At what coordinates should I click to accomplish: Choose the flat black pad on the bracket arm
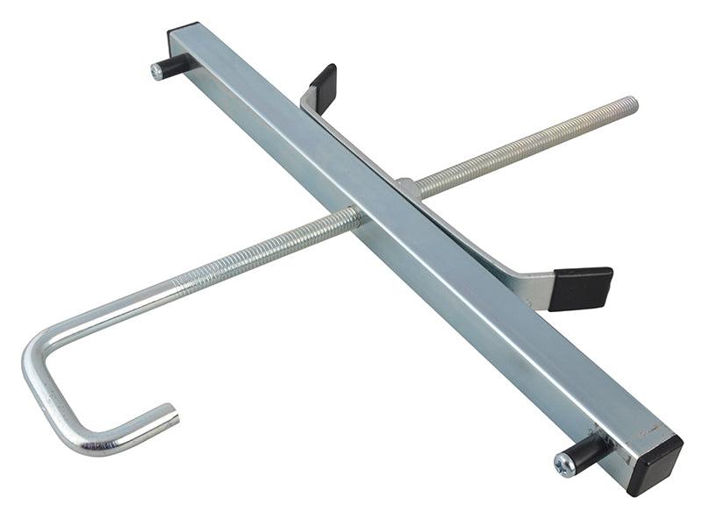[x=581, y=288]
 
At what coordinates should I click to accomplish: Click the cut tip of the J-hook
[x=173, y=412]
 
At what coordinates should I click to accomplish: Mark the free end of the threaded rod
[x=631, y=104]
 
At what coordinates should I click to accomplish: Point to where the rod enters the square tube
[x=355, y=216]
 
